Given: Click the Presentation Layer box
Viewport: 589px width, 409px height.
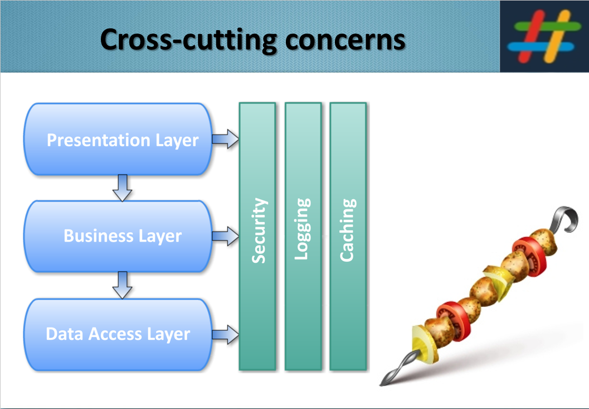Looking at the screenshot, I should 118,139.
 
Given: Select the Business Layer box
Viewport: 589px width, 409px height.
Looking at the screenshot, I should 118,236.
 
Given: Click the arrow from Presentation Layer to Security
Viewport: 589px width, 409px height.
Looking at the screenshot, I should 225,138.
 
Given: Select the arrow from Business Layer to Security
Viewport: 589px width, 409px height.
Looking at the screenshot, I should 225,236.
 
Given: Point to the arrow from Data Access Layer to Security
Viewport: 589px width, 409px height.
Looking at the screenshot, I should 225,335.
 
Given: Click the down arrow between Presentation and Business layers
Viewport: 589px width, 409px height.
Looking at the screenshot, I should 122,187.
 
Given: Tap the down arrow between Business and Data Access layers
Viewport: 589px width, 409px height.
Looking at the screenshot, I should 122,285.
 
